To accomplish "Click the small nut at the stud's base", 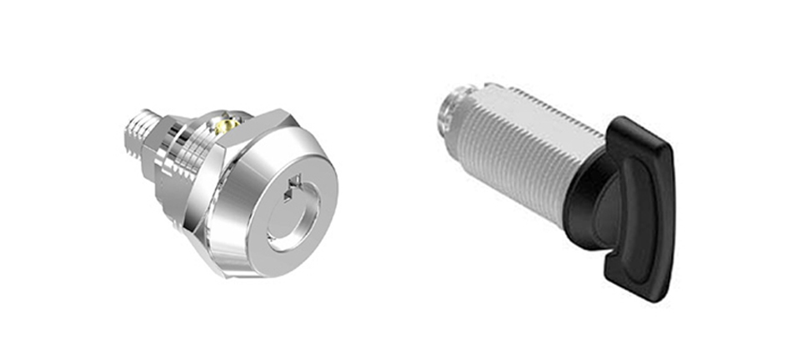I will tap(155, 150).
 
